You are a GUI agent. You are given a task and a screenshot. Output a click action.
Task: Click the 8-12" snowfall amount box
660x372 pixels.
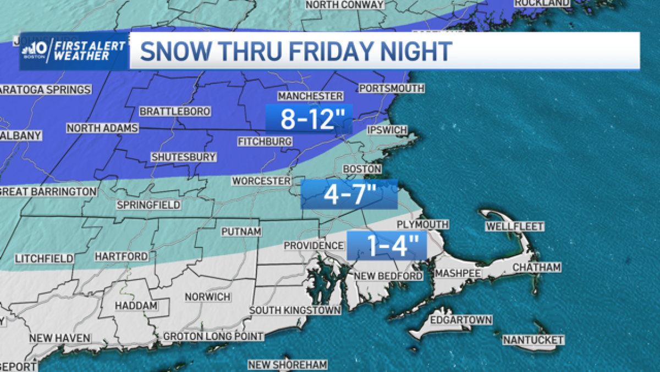click(308, 118)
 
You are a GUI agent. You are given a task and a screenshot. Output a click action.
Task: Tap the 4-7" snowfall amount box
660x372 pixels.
click(349, 194)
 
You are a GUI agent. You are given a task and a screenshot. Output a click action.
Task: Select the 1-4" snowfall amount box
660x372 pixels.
click(387, 245)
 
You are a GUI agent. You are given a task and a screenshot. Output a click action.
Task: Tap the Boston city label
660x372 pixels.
click(362, 169)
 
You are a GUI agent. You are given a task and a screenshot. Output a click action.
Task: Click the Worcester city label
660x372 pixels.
click(261, 181)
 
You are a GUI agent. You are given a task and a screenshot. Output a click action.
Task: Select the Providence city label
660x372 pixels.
click(314, 245)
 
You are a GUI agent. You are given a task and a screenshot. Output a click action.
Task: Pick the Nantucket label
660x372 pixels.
click(533, 339)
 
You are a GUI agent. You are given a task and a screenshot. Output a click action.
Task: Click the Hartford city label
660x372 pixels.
click(122, 256)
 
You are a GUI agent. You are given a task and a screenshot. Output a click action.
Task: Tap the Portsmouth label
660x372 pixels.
click(391, 88)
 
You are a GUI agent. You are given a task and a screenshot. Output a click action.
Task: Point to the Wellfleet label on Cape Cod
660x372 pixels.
click(515, 227)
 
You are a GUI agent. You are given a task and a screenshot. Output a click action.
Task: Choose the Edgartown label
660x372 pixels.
click(460, 320)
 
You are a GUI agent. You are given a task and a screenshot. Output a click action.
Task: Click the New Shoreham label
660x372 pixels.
click(287, 364)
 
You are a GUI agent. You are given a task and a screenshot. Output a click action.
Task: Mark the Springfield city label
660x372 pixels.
click(148, 205)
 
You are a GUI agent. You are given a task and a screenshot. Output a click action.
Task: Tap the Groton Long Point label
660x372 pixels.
click(214, 336)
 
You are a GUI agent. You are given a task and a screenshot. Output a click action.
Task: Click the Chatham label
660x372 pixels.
click(536, 267)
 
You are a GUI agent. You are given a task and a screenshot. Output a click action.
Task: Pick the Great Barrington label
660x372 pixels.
click(48, 191)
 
